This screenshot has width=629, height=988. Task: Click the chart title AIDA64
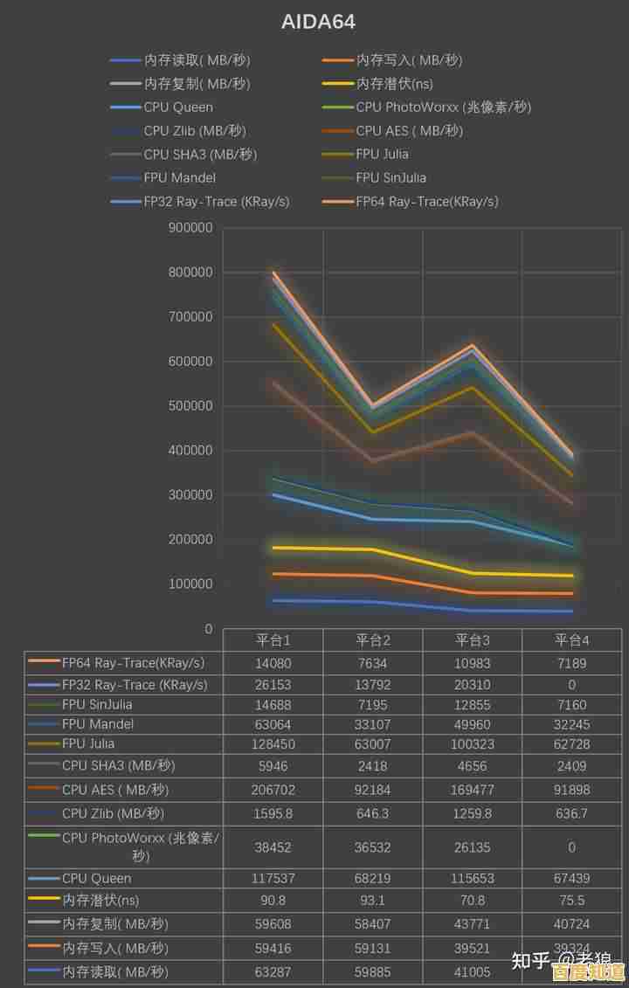[x=318, y=22]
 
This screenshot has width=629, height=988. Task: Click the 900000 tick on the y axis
[x=191, y=228]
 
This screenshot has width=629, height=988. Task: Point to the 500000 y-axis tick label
[x=191, y=406]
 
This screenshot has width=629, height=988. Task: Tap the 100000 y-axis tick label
[x=191, y=584]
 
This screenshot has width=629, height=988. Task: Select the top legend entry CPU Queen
[x=178, y=107]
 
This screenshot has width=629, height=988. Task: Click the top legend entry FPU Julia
[x=382, y=154]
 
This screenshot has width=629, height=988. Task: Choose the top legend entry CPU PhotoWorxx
[x=443, y=107]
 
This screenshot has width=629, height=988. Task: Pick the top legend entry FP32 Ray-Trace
[x=216, y=201]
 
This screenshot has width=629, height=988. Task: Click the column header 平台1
[x=273, y=640]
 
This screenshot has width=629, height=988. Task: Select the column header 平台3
[x=473, y=640]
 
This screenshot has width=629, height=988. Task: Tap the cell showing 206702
[x=273, y=790]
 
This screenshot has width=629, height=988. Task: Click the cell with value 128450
[x=273, y=744]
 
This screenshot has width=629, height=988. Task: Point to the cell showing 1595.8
[x=273, y=813]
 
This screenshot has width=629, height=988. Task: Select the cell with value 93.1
[x=373, y=901]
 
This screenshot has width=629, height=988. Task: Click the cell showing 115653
[x=473, y=878]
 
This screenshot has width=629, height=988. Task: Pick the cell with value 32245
[x=572, y=724]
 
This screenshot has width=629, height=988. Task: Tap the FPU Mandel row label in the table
[x=98, y=724]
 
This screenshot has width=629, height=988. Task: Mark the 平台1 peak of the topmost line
[x=274, y=273]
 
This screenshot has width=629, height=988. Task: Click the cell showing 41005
[x=473, y=971]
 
